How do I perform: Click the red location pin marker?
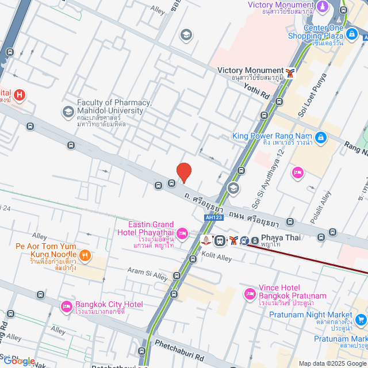pos(184,172)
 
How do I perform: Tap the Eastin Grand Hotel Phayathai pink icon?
pos(182,232)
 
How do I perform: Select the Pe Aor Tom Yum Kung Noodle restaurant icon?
pos(85,255)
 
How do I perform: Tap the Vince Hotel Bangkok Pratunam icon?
pos(250,294)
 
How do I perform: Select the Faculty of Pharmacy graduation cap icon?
pos(68,110)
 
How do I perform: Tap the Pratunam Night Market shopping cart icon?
pos(361,319)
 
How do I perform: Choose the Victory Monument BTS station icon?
pos(292,72)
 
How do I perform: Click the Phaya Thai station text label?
pos(278,237)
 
